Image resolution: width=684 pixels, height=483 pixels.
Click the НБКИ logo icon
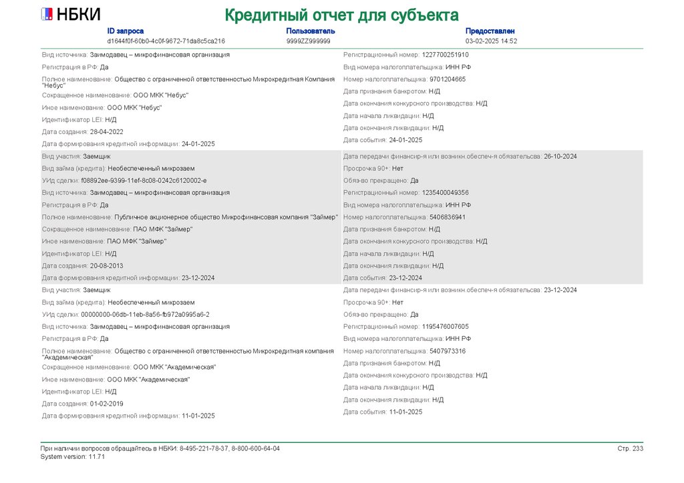(47, 14)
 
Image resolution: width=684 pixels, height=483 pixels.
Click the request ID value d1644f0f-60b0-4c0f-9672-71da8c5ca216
(166, 41)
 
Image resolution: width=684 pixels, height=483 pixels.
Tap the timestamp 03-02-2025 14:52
(491, 41)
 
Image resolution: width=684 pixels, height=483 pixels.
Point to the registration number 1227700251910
(446, 55)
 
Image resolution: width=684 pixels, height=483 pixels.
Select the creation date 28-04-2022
(107, 131)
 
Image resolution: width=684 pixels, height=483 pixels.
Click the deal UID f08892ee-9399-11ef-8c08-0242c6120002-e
(144, 180)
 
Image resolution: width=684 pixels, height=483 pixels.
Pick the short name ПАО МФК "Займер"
(162, 229)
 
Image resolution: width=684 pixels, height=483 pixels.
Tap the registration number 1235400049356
(446, 192)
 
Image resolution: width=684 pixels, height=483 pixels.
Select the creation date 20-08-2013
(107, 266)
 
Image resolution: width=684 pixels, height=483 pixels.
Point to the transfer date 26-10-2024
(560, 156)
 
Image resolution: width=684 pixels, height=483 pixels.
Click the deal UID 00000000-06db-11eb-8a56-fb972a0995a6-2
(145, 314)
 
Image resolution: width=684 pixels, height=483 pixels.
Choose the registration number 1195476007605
(446, 327)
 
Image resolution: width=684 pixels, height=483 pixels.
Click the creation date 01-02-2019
(107, 404)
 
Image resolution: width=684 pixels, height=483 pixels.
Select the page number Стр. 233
(630, 448)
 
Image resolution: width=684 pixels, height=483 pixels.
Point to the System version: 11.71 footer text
(72, 456)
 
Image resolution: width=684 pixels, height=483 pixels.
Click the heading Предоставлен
(490, 31)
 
